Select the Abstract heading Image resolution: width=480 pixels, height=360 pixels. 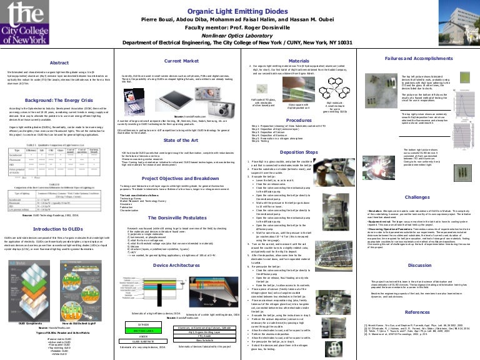[x=59, y=63]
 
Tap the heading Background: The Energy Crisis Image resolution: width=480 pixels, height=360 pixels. [x=59, y=99]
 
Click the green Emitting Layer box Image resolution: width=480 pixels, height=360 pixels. [x=143, y=331]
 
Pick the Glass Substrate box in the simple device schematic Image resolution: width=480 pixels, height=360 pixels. [x=143, y=341]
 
